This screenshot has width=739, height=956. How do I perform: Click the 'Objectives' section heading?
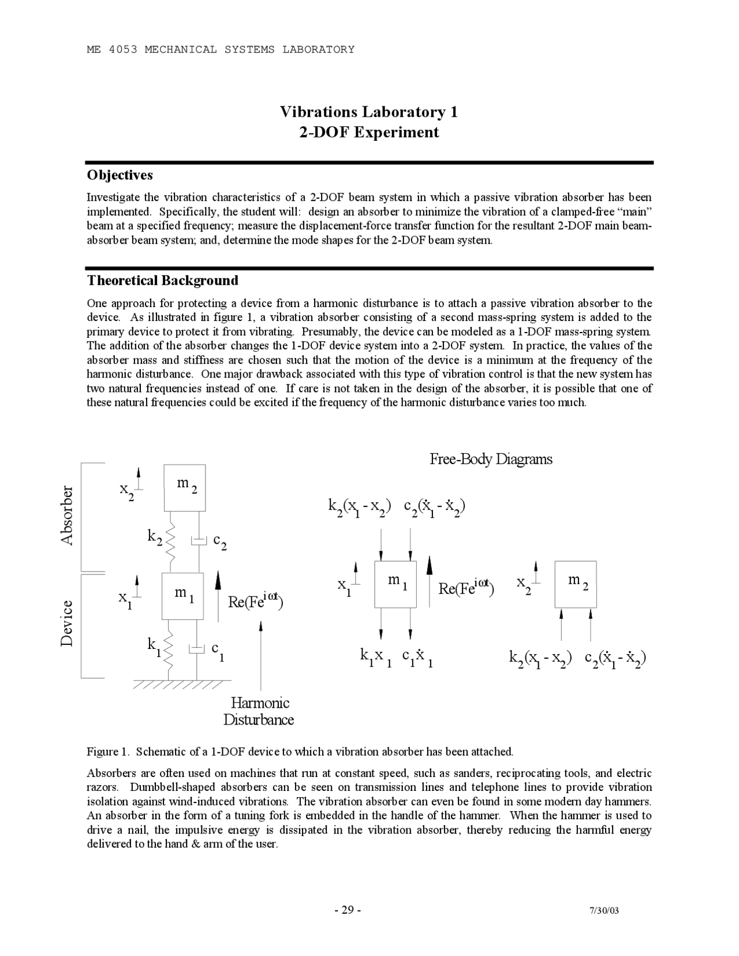pyautogui.click(x=120, y=175)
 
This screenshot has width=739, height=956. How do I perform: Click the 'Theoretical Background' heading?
pyautogui.click(x=162, y=281)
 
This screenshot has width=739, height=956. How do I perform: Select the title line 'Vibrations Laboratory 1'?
pyautogui.click(x=369, y=111)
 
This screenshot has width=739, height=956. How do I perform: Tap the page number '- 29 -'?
pyautogui.click(x=348, y=910)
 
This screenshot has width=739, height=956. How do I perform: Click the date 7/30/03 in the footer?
pyautogui.click(x=604, y=911)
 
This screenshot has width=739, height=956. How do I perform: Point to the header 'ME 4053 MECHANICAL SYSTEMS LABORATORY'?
pyautogui.click(x=221, y=50)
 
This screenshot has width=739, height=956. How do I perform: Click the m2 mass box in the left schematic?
pyautogui.click(x=184, y=487)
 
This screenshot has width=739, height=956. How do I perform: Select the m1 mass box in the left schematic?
pyautogui.click(x=182, y=596)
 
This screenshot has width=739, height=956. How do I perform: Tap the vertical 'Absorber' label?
pyautogui.click(x=68, y=516)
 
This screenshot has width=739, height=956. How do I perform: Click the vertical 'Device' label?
pyautogui.click(x=68, y=623)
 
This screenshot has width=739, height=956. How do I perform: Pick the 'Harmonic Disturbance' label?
pyautogui.click(x=259, y=711)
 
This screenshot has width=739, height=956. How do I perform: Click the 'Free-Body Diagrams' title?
pyautogui.click(x=491, y=460)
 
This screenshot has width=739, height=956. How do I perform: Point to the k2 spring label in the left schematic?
pyautogui.click(x=154, y=537)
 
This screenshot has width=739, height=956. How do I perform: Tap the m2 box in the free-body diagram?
pyautogui.click(x=576, y=584)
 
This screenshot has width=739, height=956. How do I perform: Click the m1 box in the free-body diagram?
pyautogui.click(x=395, y=584)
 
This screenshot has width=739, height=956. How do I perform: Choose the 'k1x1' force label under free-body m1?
pyautogui.click(x=376, y=657)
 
